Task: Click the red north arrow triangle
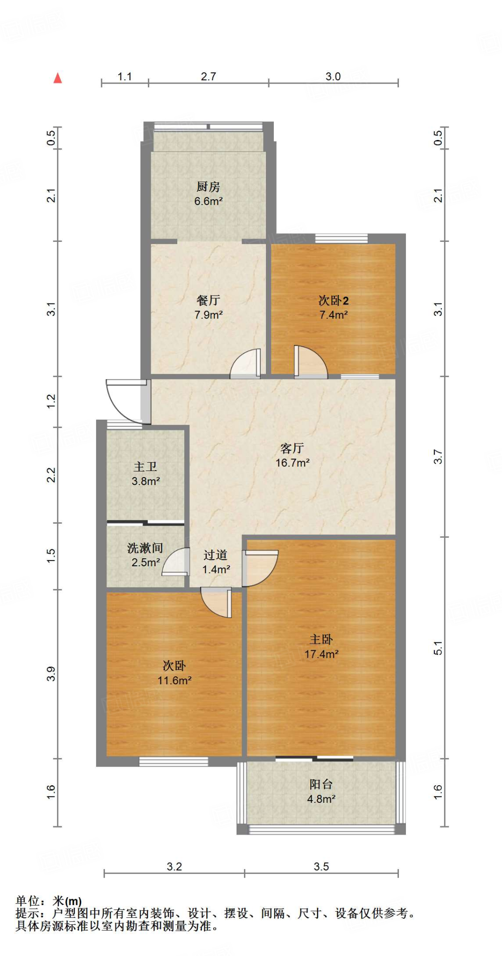(x=57, y=78)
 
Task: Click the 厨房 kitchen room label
(x=208, y=187)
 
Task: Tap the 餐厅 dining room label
(x=208, y=300)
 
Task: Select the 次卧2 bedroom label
(x=334, y=300)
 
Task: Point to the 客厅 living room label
(x=292, y=448)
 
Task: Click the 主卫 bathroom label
(x=146, y=466)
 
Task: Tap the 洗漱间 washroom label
(x=145, y=548)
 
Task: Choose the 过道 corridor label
(x=216, y=555)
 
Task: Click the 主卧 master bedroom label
(x=321, y=639)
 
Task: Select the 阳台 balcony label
(x=321, y=784)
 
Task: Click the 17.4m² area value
(x=321, y=654)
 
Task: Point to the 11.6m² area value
(x=174, y=680)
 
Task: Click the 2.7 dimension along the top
(x=208, y=76)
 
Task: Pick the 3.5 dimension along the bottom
(x=321, y=866)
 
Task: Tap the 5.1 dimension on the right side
(x=438, y=648)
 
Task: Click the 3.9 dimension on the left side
(x=51, y=674)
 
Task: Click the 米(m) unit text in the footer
(x=67, y=901)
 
